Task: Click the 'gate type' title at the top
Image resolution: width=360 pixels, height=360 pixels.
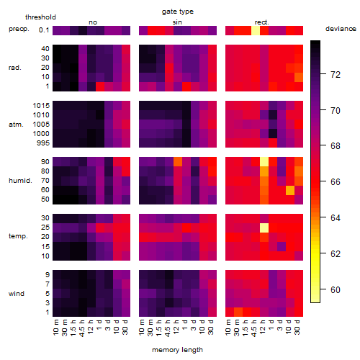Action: [178, 12]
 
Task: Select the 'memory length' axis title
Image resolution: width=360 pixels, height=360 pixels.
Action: [177, 350]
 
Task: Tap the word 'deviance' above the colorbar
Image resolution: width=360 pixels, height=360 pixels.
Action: [341, 29]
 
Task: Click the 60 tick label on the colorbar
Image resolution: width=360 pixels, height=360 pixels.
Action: [336, 290]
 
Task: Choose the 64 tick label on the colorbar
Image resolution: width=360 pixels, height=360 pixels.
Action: [336, 218]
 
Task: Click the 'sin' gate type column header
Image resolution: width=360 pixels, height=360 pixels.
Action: [177, 22]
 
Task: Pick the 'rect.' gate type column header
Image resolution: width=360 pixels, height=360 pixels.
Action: [262, 22]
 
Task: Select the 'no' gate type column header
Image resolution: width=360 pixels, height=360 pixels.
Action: [93, 22]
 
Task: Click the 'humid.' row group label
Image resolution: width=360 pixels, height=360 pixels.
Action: [20, 180]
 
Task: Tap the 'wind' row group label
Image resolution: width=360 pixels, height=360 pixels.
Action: [17, 293]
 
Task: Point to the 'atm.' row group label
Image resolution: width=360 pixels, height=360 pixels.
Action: [16, 125]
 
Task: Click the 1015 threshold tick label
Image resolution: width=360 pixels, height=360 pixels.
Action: [41, 105]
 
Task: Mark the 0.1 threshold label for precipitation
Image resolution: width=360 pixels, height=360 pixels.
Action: [44, 30]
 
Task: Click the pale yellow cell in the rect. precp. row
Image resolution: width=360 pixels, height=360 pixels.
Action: [256, 30]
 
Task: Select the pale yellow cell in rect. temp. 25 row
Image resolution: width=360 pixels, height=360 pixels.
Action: [264, 228]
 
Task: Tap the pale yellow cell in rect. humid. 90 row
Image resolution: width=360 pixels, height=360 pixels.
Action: [264, 162]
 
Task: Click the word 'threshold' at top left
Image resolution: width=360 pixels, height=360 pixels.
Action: [40, 17]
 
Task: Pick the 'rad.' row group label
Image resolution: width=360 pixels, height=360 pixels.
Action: [15, 68]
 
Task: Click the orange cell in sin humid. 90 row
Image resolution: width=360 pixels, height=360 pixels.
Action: [178, 162]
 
